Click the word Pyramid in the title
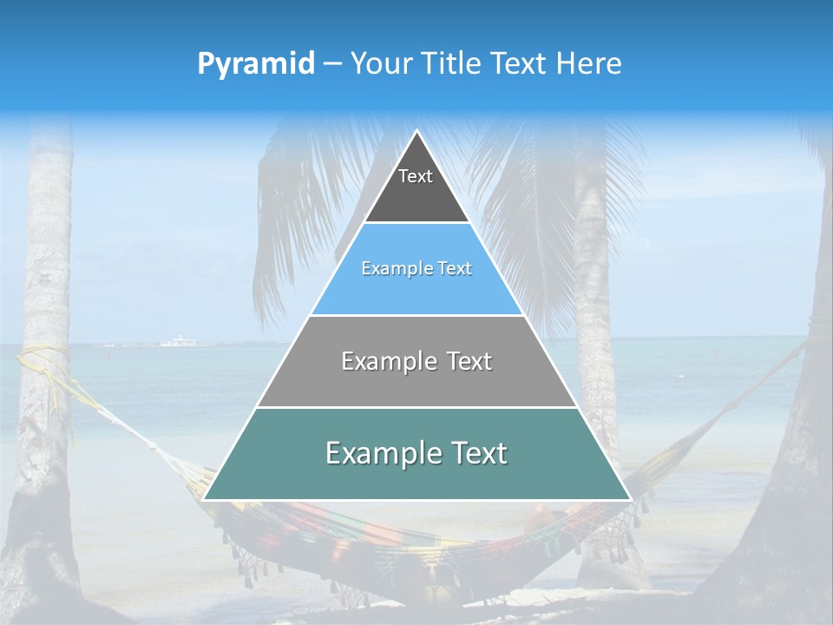click(256, 64)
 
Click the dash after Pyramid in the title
click(331, 64)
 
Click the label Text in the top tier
click(416, 176)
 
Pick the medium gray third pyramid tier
click(416, 382)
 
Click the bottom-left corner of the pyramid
click(204, 499)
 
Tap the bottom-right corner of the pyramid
click(630, 499)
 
